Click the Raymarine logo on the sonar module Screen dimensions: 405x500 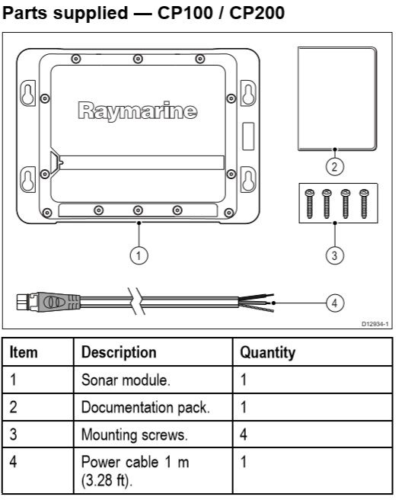coord(138,111)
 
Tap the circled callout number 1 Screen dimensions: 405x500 coord(139,255)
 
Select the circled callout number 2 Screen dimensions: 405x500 coord(335,166)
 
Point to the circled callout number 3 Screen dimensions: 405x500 coord(335,255)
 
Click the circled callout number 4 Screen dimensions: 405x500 coord(335,303)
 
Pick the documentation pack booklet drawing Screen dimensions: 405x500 coord(337,98)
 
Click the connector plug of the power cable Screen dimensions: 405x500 coord(48,302)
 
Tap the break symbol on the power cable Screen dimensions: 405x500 coord(136,301)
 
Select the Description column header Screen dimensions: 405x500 coord(119,352)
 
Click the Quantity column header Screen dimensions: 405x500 coord(268,352)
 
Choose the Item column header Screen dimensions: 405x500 coord(24,352)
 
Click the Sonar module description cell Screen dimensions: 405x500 coord(126,380)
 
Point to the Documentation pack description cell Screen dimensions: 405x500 coord(145,407)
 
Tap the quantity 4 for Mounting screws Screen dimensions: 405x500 coord(244,434)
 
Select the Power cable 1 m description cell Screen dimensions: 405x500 coord(135,471)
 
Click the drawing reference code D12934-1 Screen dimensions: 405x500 coord(375,324)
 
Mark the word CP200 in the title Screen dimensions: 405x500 coord(257,13)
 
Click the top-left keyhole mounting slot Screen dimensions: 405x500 coord(27,94)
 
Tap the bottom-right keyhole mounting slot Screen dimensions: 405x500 coord(248,179)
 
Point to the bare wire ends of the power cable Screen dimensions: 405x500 coord(257,303)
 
